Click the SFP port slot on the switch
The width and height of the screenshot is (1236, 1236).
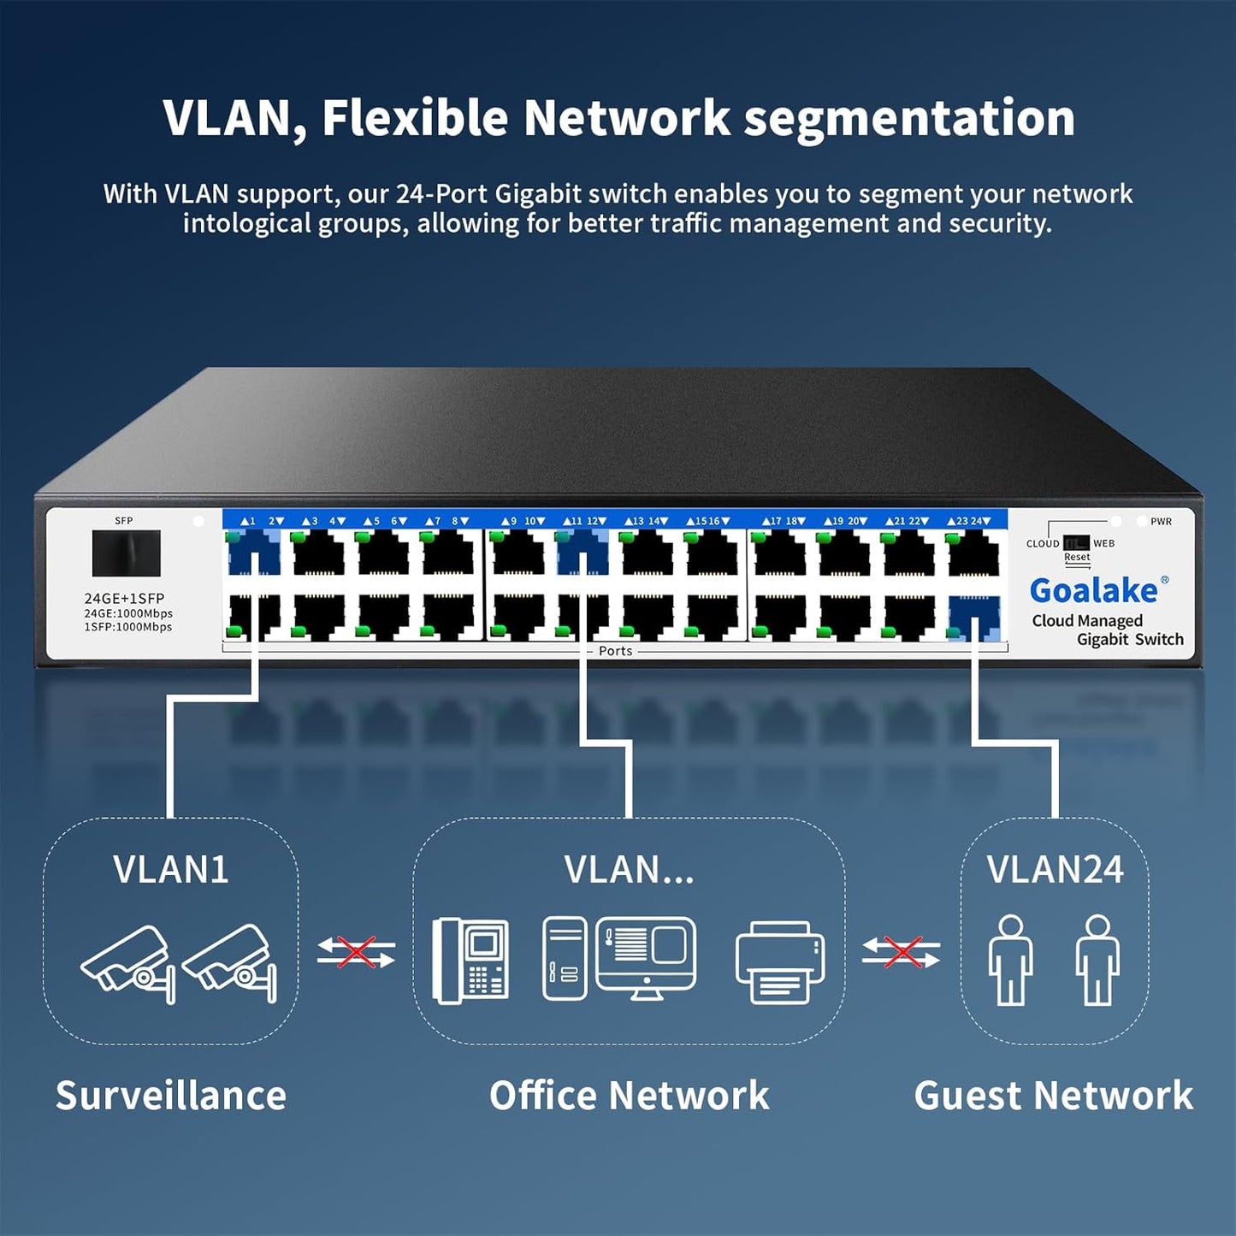pos(126,553)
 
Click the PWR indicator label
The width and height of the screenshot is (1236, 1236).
pos(1161,522)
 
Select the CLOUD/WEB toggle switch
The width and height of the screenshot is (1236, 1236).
pos(1075,543)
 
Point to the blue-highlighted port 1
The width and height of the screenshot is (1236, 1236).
pos(254,553)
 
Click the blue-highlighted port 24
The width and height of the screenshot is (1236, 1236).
pos(974,617)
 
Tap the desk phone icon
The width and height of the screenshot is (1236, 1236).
pos(470,960)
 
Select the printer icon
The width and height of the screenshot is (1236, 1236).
pos(780,961)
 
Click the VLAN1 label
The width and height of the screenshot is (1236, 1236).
pos(171,870)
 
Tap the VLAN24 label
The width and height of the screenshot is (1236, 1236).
pos(1055,870)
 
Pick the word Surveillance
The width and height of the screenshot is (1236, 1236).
pos(171,1096)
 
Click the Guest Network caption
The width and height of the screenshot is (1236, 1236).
pos(1053,1096)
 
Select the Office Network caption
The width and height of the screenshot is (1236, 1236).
pos(629,1096)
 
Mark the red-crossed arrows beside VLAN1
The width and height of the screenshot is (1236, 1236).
pos(356,952)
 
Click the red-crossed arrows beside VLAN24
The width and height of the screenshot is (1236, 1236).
pos(901,952)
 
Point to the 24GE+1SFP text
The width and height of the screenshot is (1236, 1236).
pos(124,599)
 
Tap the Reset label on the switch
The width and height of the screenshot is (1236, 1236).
pos(1077,558)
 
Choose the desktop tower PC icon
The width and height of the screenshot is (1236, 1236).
pos(565,959)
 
